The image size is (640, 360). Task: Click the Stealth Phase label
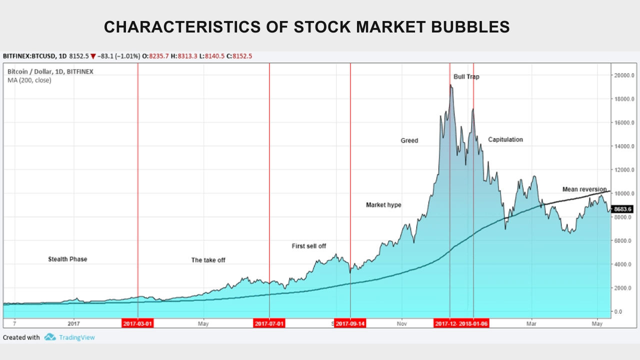click(67, 259)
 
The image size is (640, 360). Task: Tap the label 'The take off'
click(208, 260)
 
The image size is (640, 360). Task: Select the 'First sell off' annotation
click(309, 246)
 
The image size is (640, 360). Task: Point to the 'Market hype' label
click(383, 205)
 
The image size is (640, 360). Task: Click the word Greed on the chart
click(409, 140)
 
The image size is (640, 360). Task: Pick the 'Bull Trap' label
click(466, 77)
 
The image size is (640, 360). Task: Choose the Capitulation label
click(505, 139)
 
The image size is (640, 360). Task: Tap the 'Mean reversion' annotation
click(584, 189)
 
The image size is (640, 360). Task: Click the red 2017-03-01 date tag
click(137, 323)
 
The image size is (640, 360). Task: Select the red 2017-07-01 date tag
click(269, 323)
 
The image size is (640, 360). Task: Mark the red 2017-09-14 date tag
click(350, 323)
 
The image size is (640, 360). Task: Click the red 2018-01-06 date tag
click(474, 323)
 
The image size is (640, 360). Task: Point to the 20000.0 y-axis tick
click(624, 75)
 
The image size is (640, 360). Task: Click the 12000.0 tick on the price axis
click(624, 170)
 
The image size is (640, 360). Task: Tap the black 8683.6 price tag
click(623, 209)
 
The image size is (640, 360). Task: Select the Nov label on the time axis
click(401, 323)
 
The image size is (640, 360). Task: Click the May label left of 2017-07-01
click(203, 323)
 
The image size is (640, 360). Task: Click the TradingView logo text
click(76, 337)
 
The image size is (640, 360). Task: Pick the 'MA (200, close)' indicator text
click(29, 80)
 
